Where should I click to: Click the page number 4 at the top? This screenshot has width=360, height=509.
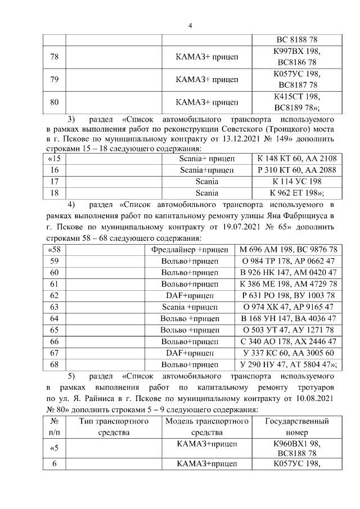[190, 26]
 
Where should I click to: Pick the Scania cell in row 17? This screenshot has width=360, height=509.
[206, 182]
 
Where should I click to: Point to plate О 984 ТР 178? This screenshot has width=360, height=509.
[288, 261]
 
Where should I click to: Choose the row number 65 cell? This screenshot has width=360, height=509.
[55, 330]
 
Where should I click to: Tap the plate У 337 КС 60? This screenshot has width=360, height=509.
[288, 353]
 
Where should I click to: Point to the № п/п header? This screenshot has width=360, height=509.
[55, 426]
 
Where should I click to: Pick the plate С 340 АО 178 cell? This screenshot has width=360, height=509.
[288, 341]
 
